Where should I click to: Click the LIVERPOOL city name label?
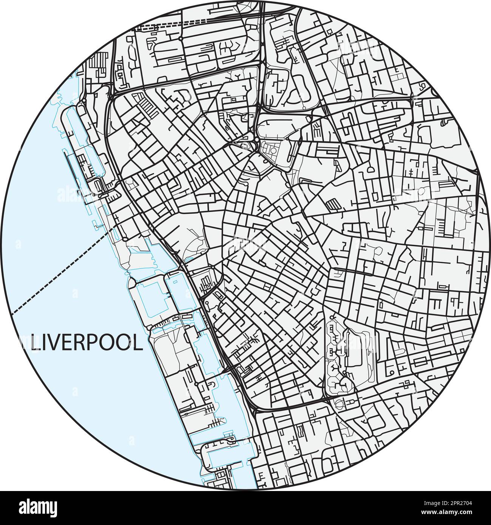pos(86,343)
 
